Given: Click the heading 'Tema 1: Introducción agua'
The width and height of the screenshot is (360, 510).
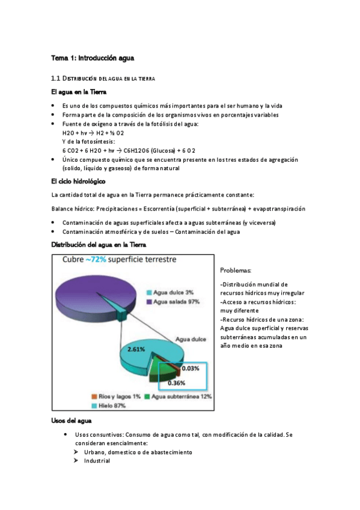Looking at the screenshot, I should [x=92, y=58].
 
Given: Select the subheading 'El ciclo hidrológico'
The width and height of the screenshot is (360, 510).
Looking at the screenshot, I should [x=79, y=180].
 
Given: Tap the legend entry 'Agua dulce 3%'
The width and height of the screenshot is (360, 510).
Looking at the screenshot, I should [x=172, y=292].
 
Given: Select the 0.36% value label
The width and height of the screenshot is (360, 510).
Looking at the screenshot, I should [x=176, y=382].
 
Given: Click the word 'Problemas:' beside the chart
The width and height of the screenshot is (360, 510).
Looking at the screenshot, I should [x=236, y=271].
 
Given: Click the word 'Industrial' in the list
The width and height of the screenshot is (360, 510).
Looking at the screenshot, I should [x=97, y=461].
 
